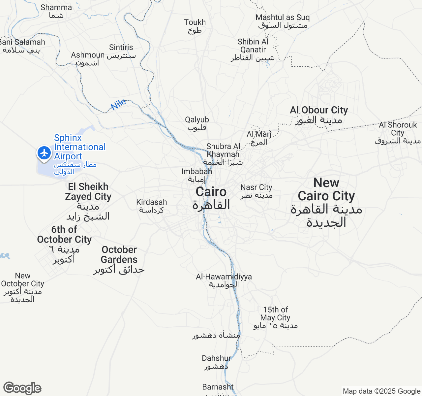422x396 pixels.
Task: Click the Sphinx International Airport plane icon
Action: point(44,153)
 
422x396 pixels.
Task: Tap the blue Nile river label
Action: point(118,104)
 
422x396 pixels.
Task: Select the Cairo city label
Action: point(211,198)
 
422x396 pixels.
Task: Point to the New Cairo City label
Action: point(326,202)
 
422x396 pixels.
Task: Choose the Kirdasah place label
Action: point(152,206)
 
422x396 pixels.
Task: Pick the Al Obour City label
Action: point(319,115)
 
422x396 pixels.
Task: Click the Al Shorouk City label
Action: point(398,133)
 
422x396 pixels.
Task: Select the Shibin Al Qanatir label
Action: point(253,50)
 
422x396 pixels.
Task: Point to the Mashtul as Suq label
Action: point(283,21)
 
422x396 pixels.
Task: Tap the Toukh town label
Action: point(195,26)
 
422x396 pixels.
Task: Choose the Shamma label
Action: point(56,11)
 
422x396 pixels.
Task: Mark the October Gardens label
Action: point(119,259)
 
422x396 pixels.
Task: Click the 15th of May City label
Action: point(275,317)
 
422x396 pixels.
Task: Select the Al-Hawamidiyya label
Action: point(224,280)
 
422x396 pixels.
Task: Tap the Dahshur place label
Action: point(217,362)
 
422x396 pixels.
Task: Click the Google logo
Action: point(22,388)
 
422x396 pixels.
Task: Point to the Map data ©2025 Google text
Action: point(381,391)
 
